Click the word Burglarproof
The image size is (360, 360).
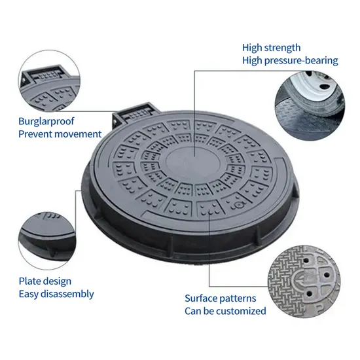pos(46,122)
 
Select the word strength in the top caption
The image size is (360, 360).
pos(282,48)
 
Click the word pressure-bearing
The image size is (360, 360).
pos(301,61)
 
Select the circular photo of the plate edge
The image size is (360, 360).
pos(47,241)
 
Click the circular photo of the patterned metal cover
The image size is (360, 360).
pos(304,281)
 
